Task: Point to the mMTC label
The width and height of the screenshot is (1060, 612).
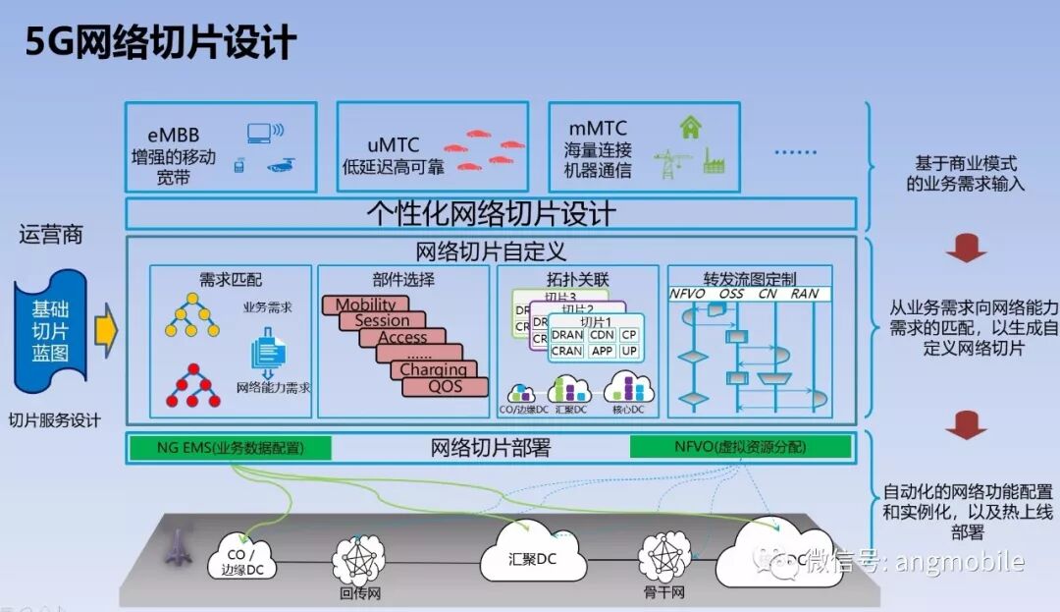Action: click(x=598, y=129)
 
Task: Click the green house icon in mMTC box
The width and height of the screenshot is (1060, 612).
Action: click(x=691, y=127)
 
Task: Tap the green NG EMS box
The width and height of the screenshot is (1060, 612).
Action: click(x=230, y=448)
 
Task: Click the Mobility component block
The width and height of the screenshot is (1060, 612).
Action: click(x=365, y=305)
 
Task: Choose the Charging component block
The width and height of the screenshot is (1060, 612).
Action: click(x=433, y=369)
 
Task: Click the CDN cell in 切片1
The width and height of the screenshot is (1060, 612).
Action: click(x=602, y=335)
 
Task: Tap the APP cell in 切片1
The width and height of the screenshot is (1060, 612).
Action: click(x=602, y=351)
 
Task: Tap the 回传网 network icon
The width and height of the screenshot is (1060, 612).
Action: click(x=359, y=560)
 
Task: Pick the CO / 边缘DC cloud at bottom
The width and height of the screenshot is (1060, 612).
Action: click(x=241, y=558)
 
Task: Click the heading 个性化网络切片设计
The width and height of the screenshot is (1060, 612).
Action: click(x=491, y=213)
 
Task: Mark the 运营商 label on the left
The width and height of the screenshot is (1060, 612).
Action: click(x=50, y=235)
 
